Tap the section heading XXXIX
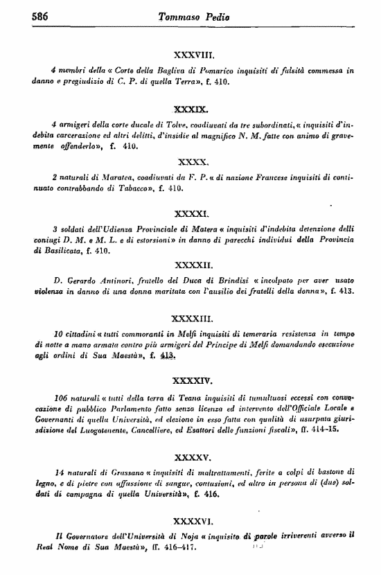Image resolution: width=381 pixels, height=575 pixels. [x=194, y=109]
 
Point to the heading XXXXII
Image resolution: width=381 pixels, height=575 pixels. [x=194, y=265]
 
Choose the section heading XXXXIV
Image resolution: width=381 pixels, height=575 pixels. [x=194, y=380]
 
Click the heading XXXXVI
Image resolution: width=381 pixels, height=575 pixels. [x=194, y=517]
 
